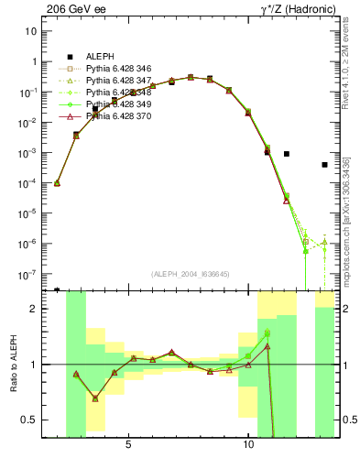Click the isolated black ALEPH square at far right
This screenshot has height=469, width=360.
pyautogui.click(x=324, y=165)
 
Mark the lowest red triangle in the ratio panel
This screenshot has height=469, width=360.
pyautogui.click(x=95, y=398)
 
